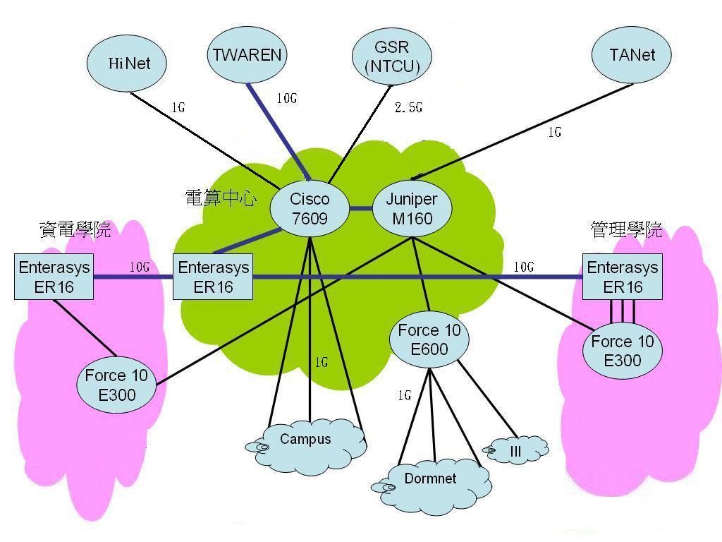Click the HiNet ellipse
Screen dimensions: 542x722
(x=128, y=63)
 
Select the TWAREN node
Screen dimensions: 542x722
(x=247, y=54)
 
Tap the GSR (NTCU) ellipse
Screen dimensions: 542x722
(x=392, y=57)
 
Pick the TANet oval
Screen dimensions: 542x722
(x=632, y=55)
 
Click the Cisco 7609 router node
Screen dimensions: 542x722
(x=310, y=209)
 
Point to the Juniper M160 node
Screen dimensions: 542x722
(x=412, y=209)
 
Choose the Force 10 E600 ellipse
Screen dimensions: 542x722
(x=429, y=340)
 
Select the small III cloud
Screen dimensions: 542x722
(x=515, y=450)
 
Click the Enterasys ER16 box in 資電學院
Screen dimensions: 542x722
(x=54, y=277)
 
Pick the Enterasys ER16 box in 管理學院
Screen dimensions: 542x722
(x=623, y=277)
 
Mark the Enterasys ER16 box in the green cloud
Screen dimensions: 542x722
(x=213, y=277)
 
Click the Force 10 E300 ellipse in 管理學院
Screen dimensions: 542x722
(x=623, y=351)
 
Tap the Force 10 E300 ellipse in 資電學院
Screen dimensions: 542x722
(x=116, y=385)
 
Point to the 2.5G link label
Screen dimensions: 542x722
(x=408, y=108)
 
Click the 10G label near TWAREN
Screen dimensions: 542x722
(x=286, y=99)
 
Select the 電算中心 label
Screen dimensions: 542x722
(x=220, y=198)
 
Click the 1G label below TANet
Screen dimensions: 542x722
(x=555, y=133)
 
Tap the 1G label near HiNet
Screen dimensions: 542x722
(x=178, y=109)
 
